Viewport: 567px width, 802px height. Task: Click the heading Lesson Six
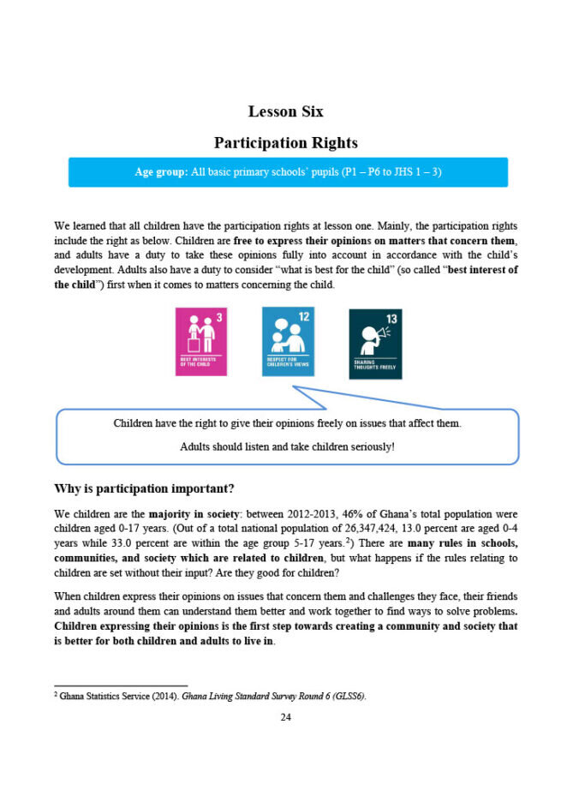tap(285, 112)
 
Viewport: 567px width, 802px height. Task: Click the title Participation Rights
tap(285, 142)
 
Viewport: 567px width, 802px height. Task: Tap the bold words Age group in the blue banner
tap(161, 172)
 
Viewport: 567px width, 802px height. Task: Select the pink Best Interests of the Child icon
tap(201, 341)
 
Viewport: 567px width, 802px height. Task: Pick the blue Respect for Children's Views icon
tap(288, 341)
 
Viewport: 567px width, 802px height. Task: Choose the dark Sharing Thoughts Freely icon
tap(374, 343)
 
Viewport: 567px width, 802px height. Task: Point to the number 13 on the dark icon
tap(391, 320)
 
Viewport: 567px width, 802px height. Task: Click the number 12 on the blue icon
tap(304, 317)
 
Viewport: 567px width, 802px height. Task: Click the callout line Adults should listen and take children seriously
tap(287, 447)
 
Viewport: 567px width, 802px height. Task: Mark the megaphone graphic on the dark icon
tap(371, 335)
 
